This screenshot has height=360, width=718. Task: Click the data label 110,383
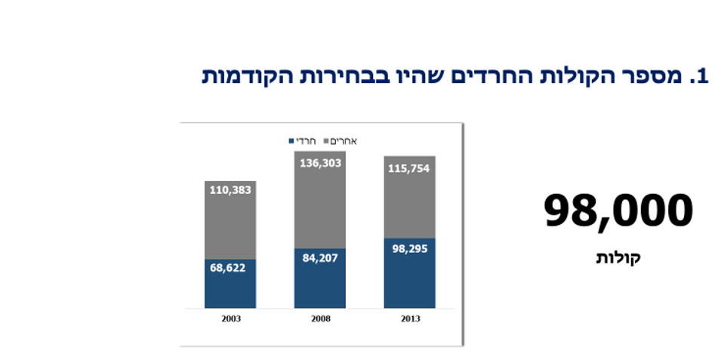click(231, 190)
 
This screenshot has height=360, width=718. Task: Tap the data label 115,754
click(408, 168)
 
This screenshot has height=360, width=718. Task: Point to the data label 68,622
click(231, 269)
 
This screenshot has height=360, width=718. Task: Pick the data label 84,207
click(319, 258)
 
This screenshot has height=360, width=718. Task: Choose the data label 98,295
click(408, 248)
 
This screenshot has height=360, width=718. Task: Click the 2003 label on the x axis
click(231, 319)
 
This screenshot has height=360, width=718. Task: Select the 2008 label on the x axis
click(319, 319)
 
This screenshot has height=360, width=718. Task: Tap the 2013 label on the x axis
click(408, 319)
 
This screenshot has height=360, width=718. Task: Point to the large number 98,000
click(618, 211)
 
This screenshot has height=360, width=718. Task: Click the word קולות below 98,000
click(618, 258)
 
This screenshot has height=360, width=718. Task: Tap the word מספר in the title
click(646, 77)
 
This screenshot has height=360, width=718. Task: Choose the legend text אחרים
click(344, 141)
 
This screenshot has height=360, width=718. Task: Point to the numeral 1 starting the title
click(704, 77)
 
